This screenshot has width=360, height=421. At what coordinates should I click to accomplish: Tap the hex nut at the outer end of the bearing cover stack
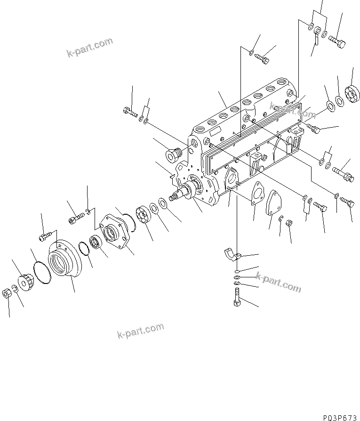(8, 293)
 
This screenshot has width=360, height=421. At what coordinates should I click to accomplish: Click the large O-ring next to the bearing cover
(40, 274)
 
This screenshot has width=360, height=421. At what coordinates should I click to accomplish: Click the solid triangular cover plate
(275, 203)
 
